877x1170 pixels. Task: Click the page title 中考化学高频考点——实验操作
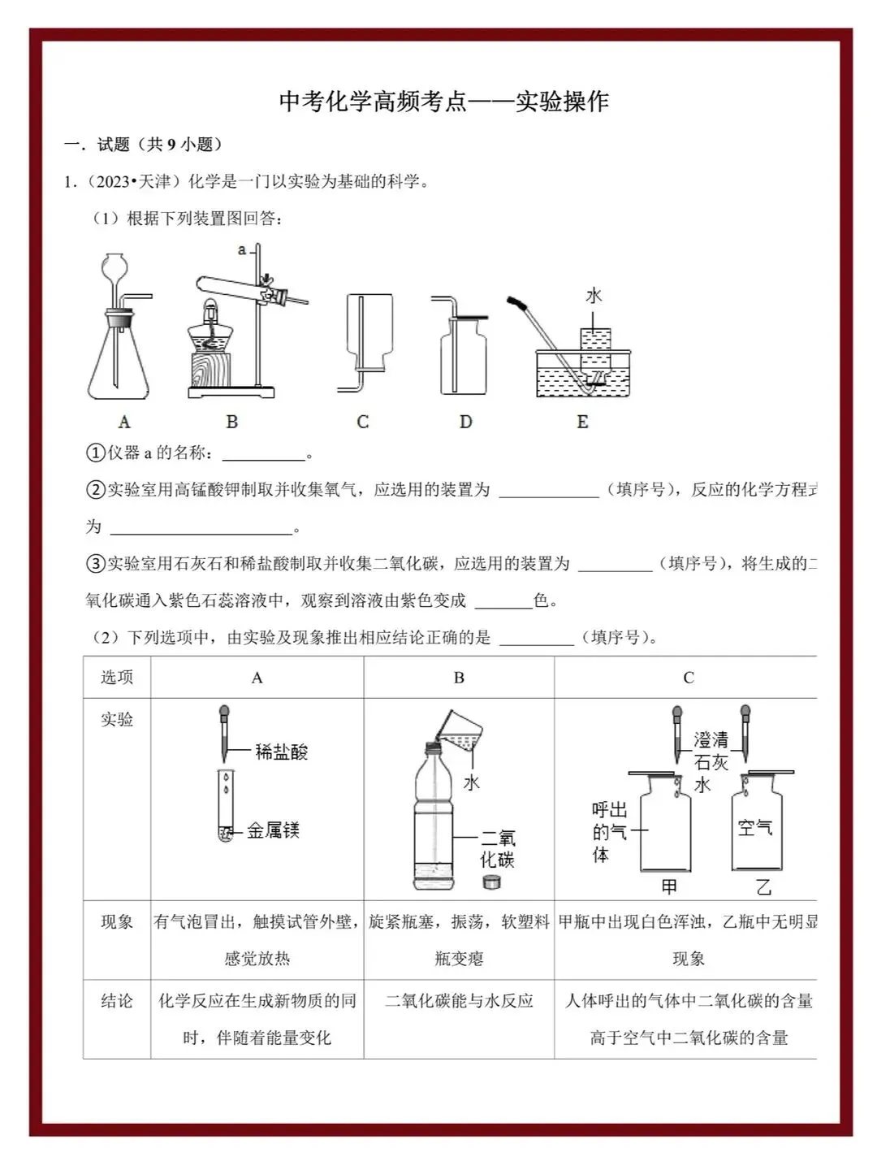(443, 102)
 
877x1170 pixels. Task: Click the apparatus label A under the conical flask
(124, 422)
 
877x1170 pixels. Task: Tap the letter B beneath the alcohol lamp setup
(232, 422)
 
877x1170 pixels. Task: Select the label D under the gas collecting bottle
(465, 422)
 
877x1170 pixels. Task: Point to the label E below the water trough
(582, 422)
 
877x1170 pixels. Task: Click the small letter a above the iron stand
(241, 250)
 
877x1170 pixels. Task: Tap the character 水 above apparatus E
(594, 296)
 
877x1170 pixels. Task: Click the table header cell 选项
(117, 678)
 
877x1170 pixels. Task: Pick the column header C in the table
(689, 678)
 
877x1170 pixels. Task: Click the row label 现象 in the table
(117, 922)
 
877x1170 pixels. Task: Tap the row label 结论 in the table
(117, 1001)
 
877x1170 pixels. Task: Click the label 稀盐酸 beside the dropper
(282, 752)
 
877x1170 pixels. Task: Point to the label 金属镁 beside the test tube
(274, 830)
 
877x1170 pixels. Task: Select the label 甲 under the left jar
(669, 887)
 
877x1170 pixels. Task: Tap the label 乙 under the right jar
(763, 887)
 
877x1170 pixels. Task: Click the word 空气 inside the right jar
(754, 828)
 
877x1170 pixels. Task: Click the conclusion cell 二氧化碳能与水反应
(459, 1001)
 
